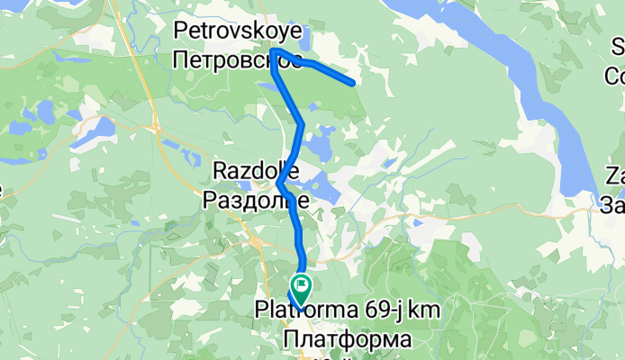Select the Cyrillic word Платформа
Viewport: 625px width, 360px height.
tap(347, 340)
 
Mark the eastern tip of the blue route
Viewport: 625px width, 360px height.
tap(352, 84)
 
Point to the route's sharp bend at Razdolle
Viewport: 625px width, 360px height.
tap(279, 184)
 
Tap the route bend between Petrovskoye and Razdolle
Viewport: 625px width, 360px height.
tap(302, 124)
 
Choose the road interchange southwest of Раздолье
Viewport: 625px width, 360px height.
tap(258, 241)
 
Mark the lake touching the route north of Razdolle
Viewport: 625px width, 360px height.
tap(317, 144)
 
